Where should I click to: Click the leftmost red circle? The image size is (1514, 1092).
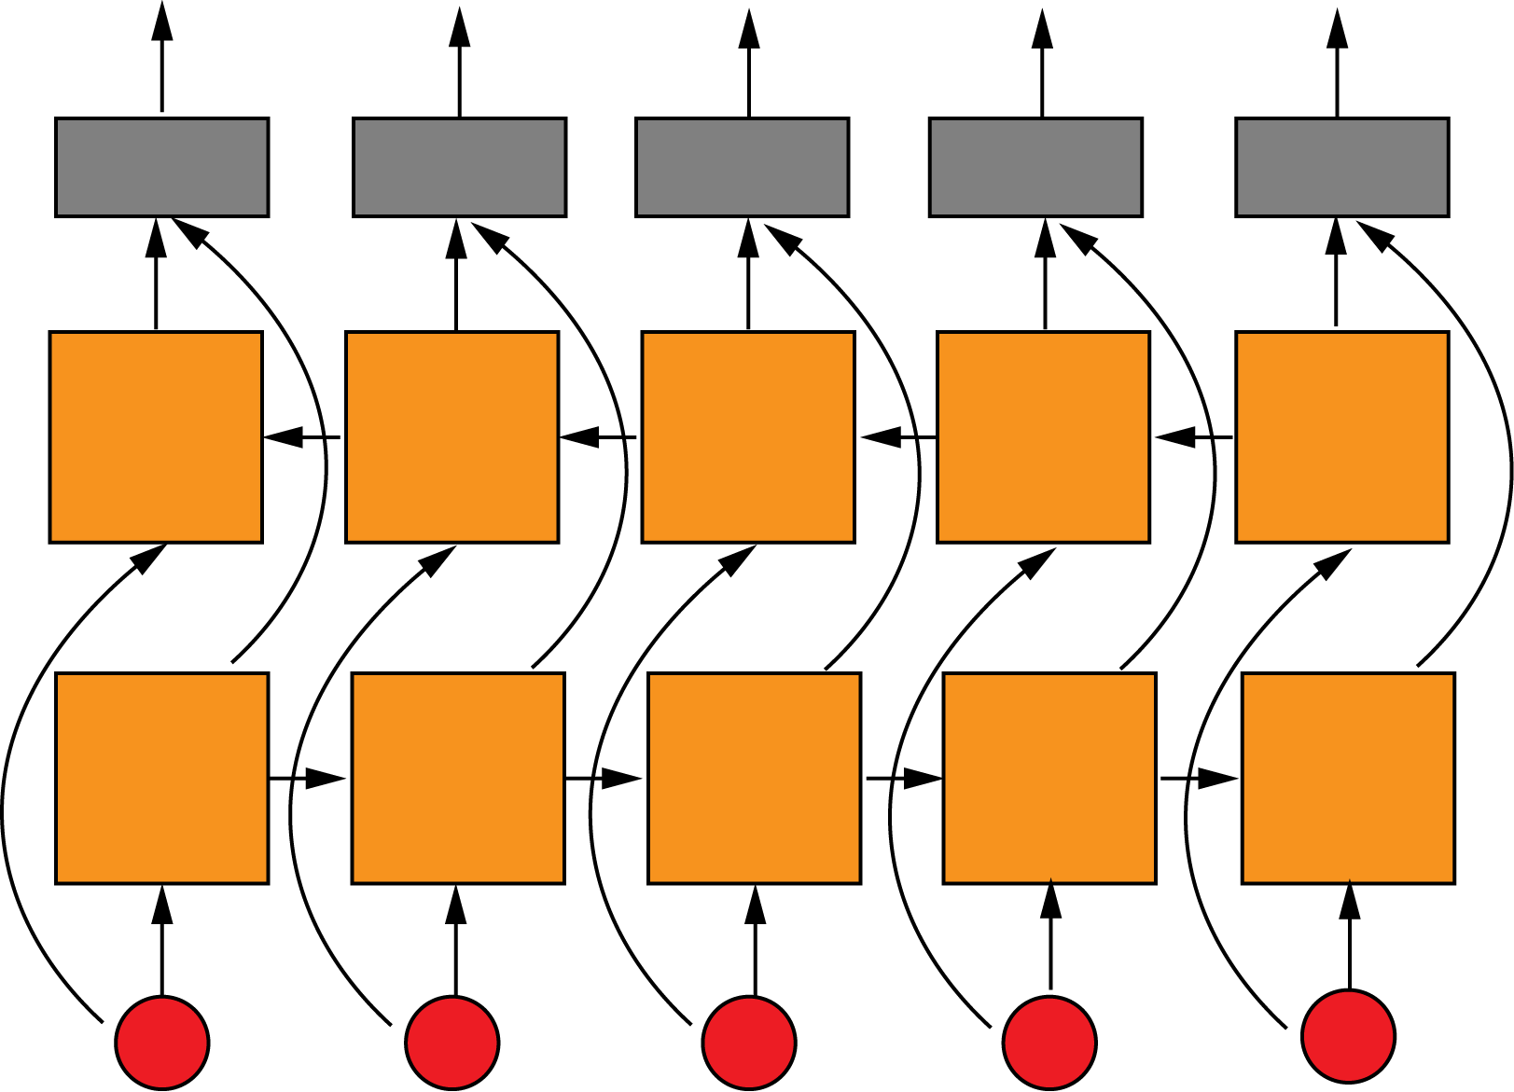(162, 1042)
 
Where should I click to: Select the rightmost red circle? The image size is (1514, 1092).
(1349, 1036)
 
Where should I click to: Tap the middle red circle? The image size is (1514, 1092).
(749, 1043)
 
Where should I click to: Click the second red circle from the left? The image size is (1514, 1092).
(452, 1043)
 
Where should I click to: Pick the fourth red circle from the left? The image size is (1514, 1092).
(1050, 1043)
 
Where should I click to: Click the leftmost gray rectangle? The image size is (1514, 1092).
(162, 168)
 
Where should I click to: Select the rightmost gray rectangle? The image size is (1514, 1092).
(1342, 168)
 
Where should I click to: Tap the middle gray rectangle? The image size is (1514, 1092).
(743, 168)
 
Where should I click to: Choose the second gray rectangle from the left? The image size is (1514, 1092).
(460, 168)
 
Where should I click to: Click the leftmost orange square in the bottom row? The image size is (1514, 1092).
(162, 778)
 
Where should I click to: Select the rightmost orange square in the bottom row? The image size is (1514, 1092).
(1348, 778)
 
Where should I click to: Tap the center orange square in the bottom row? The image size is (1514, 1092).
(755, 778)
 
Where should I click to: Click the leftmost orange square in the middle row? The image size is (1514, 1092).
(156, 436)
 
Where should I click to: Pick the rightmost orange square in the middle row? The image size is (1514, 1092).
(1342, 436)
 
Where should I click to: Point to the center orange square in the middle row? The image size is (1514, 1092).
(748, 436)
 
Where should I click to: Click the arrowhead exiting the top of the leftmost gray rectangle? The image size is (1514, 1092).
(162, 21)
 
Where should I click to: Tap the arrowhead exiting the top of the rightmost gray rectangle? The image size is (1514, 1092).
(1338, 28)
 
